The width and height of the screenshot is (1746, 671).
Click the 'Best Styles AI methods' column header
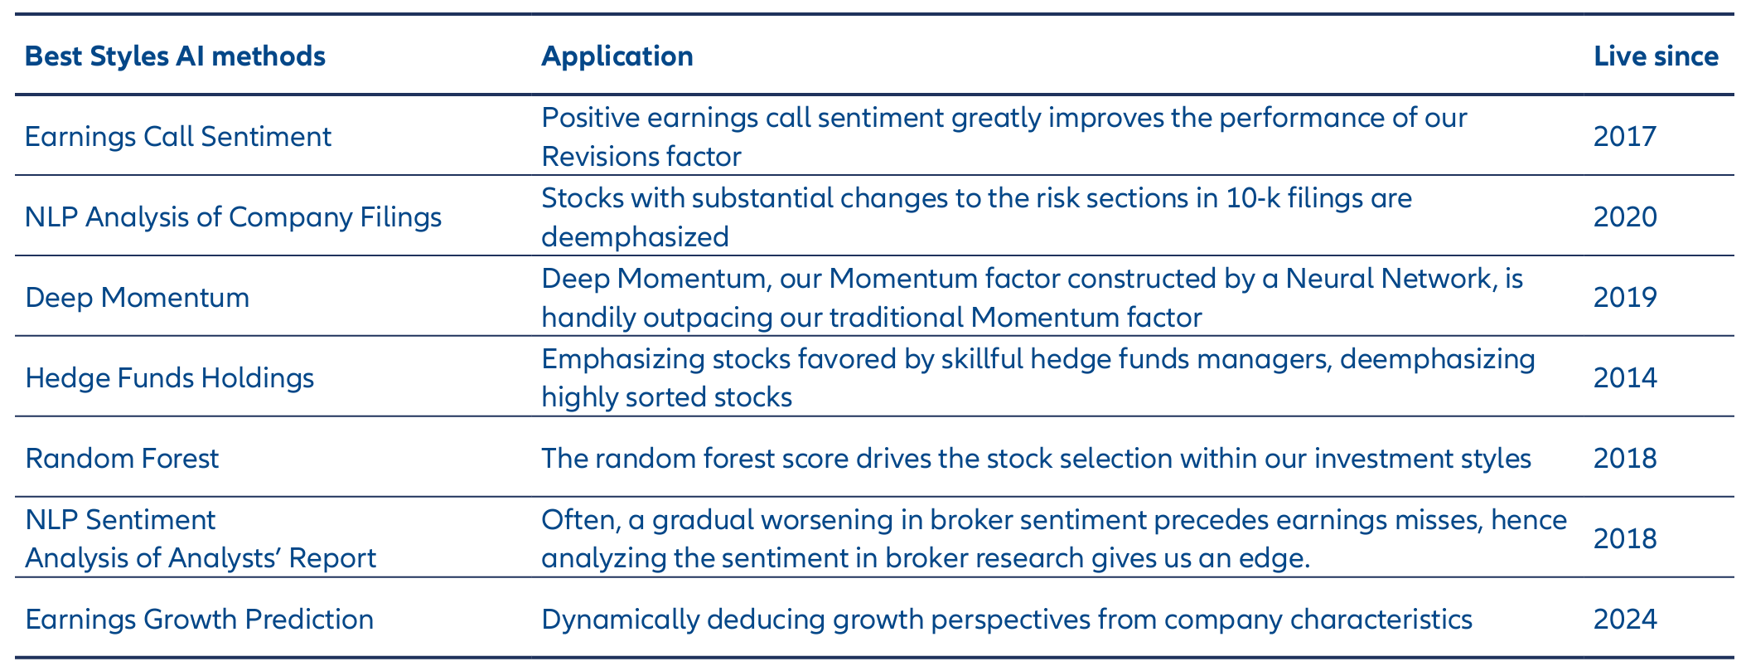(x=175, y=56)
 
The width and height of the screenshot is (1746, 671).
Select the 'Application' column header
(x=617, y=56)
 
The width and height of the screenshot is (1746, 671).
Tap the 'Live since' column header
(x=1656, y=56)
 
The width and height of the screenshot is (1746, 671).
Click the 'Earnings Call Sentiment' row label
(x=178, y=137)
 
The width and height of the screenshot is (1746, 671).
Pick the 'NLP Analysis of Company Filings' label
(x=233, y=217)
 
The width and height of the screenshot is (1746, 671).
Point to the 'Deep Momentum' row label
(x=137, y=298)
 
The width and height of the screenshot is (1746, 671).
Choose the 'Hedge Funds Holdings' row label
(x=170, y=378)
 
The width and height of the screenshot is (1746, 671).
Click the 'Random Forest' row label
(x=122, y=459)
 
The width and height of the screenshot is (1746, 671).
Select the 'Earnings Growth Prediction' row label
(x=199, y=620)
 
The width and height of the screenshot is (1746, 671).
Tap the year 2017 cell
(x=1625, y=137)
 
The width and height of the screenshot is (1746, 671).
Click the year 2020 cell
(x=1625, y=217)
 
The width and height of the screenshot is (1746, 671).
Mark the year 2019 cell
(x=1625, y=298)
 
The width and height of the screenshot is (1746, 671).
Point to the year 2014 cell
(x=1625, y=378)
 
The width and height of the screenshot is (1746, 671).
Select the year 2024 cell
(x=1625, y=620)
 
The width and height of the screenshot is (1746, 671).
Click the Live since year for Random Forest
(x=1625, y=459)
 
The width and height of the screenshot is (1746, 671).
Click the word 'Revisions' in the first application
(x=599, y=157)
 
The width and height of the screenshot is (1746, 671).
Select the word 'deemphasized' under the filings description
(x=636, y=238)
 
